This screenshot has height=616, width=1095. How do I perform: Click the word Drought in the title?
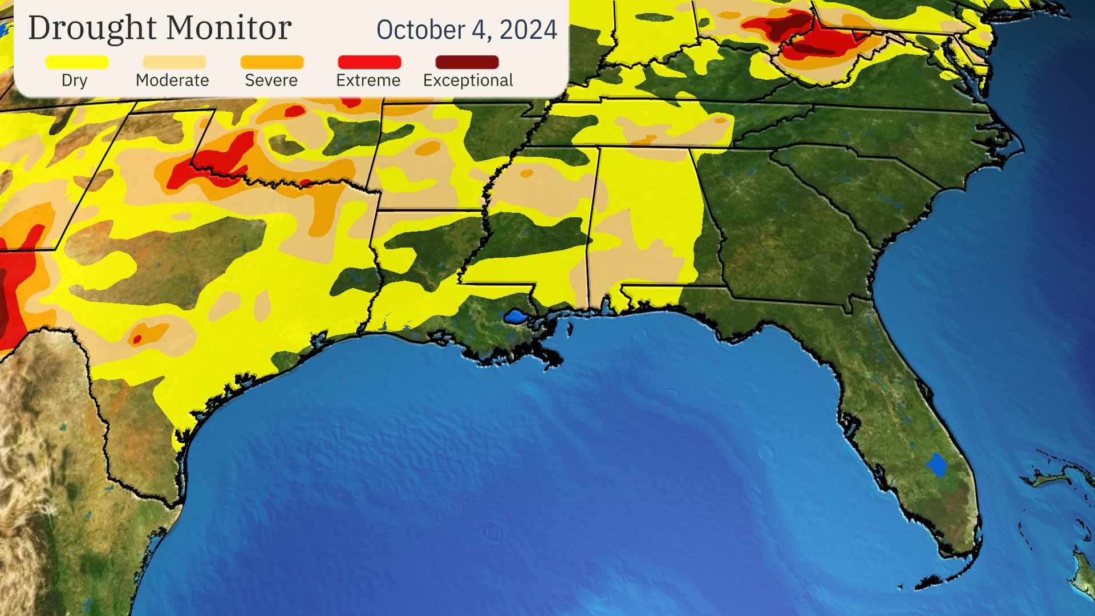coord(93,29)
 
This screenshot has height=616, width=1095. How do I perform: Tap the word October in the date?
coord(420,30)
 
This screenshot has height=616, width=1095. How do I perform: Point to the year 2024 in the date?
coord(528,30)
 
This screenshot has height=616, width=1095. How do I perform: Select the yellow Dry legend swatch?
coord(77,62)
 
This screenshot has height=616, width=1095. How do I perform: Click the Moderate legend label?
coord(172,80)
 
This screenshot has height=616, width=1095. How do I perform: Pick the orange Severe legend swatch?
coord(272,62)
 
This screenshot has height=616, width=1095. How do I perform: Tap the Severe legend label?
coord(271,80)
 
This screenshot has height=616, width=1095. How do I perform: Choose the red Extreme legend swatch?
coord(370,62)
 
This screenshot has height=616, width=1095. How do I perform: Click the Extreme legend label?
coord(368,80)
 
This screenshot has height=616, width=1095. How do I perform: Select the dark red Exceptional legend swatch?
coord(467,62)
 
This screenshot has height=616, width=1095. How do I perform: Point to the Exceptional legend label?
coord(468,80)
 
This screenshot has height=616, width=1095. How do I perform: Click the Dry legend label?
coord(74,80)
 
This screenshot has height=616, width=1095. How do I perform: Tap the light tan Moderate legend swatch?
coord(175,62)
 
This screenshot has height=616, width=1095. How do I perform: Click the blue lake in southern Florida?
coord(936,465)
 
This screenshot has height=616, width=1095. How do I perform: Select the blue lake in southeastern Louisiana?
coord(515,316)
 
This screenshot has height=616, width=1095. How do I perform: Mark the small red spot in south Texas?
coord(137,340)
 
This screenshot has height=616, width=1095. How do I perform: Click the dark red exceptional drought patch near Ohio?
coord(790,26)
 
